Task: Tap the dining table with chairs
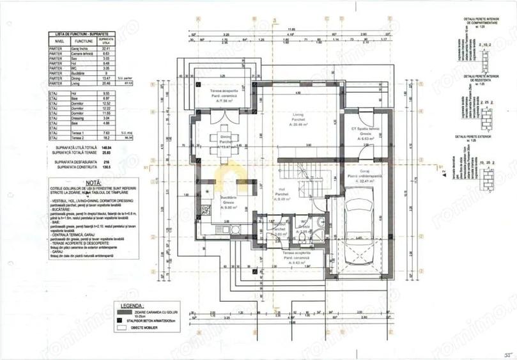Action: (226, 141)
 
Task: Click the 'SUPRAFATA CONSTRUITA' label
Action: (74, 168)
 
